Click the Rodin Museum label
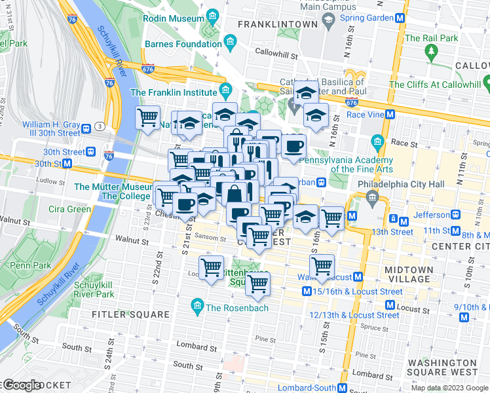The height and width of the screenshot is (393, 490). [175, 18]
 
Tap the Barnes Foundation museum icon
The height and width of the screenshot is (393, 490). [230, 44]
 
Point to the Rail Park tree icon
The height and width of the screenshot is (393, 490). [430, 51]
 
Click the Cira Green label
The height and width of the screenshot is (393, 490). [70, 209]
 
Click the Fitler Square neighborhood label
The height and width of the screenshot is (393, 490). [133, 314]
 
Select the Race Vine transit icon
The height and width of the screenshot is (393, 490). [390, 113]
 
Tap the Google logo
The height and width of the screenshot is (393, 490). [22, 384]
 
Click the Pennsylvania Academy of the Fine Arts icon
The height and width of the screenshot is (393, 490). [377, 141]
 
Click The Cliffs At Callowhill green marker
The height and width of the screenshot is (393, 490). [487, 84]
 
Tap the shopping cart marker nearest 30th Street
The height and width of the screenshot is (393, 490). [147, 118]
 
